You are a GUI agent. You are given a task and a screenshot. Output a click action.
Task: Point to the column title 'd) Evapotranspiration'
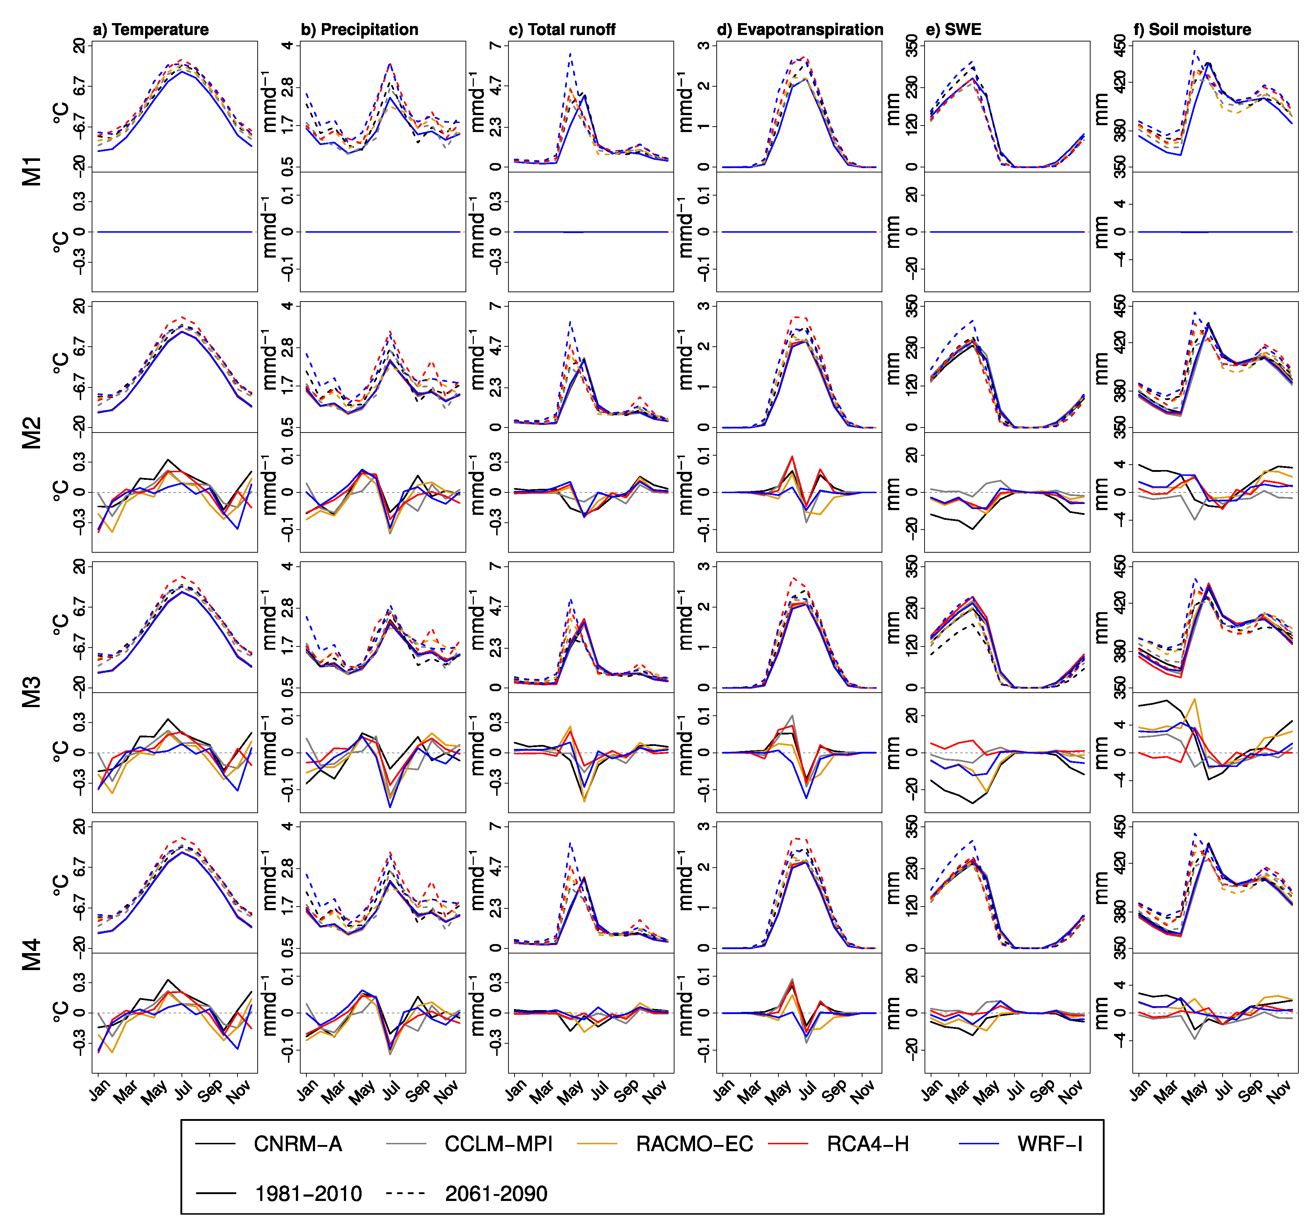tap(800, 30)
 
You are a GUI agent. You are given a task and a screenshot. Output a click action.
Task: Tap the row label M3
tap(32, 692)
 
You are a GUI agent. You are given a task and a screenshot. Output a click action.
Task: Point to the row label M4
tap(32, 953)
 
